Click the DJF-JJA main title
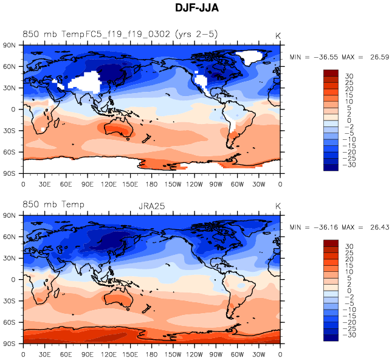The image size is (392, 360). tap(196, 9)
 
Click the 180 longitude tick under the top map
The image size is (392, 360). tap(152, 184)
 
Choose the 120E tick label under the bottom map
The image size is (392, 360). tap(109, 353)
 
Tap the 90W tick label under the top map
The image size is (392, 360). tap(216, 184)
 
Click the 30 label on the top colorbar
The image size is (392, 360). tap(348, 76)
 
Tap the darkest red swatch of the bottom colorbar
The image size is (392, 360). tap(331, 243)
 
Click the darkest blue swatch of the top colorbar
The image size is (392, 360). tap(331, 167)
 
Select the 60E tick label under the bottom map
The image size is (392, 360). tap(66, 353)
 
